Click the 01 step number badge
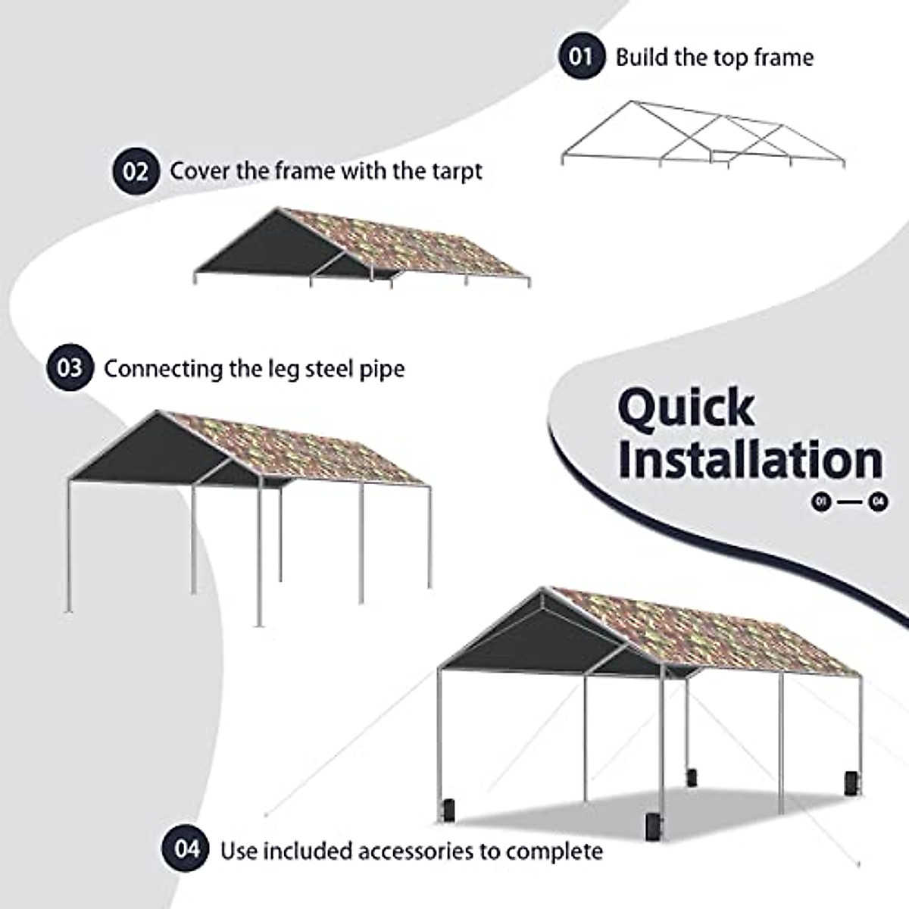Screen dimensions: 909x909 582,56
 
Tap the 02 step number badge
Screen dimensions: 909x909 136,170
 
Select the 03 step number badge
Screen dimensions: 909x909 70,368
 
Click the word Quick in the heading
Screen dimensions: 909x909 686,408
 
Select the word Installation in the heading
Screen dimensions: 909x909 750,461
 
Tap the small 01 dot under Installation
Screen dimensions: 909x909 820,501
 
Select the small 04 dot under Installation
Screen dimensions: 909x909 879,501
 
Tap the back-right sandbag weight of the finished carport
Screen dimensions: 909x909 850,785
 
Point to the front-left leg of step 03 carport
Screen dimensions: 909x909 70,545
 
